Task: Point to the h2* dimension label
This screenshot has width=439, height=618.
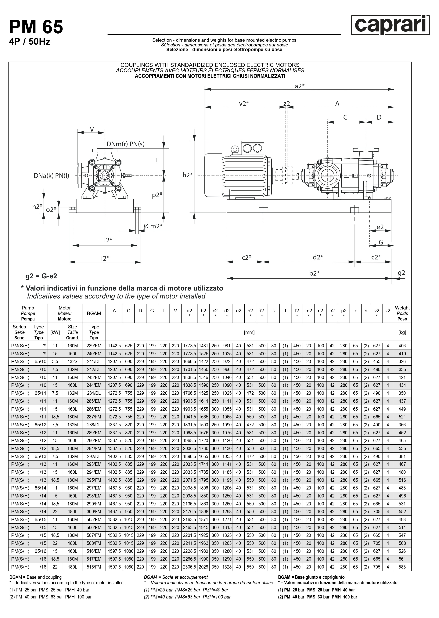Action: click(x=187, y=175)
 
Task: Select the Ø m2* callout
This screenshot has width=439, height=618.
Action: click(x=153, y=226)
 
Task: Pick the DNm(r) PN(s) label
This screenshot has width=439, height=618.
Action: click(x=125, y=144)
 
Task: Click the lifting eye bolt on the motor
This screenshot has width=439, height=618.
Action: click(x=235, y=150)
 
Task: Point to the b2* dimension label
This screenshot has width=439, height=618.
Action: click(x=314, y=273)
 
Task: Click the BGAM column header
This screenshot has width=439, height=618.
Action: click(x=94, y=313)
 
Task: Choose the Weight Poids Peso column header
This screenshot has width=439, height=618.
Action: click(x=402, y=313)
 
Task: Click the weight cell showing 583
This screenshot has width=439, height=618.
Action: click(x=402, y=567)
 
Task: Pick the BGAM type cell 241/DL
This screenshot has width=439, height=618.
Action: click(x=94, y=361)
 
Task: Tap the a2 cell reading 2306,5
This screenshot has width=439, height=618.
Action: click(x=189, y=567)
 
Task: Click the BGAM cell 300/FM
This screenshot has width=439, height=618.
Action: click(x=94, y=511)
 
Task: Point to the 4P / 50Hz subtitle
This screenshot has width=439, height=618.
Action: click(x=30, y=42)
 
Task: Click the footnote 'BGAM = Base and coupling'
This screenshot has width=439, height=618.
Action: click(x=35, y=577)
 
